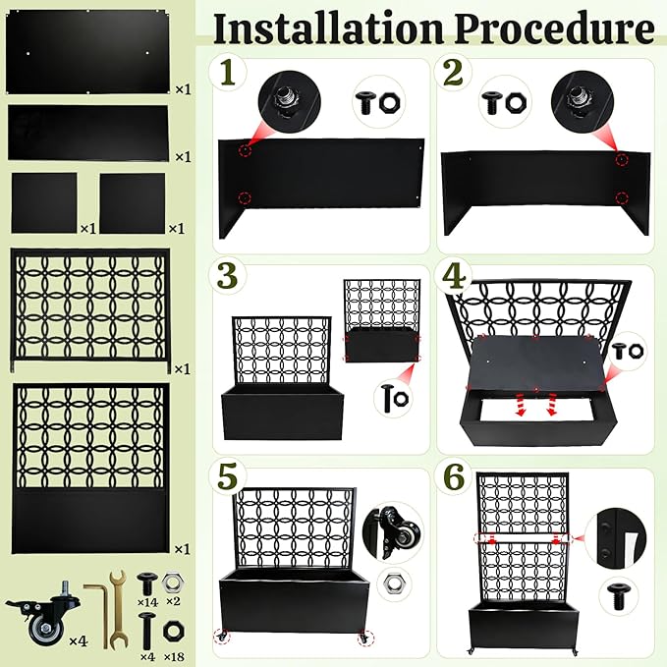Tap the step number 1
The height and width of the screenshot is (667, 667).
228,73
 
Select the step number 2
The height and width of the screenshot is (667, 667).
453,73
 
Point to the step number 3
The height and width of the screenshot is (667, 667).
228,276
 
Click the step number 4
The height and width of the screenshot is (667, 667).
454,276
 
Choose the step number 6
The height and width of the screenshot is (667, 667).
454,476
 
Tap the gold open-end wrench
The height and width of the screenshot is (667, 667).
117,609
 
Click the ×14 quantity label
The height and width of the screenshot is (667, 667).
147,602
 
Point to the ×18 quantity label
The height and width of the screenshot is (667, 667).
174,656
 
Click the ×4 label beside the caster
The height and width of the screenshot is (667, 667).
79,640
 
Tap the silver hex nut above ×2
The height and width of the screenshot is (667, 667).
173,584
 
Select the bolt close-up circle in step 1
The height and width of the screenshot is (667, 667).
290,102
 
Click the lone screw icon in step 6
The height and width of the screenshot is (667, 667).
619,597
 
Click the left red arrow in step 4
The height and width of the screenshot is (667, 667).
520,404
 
